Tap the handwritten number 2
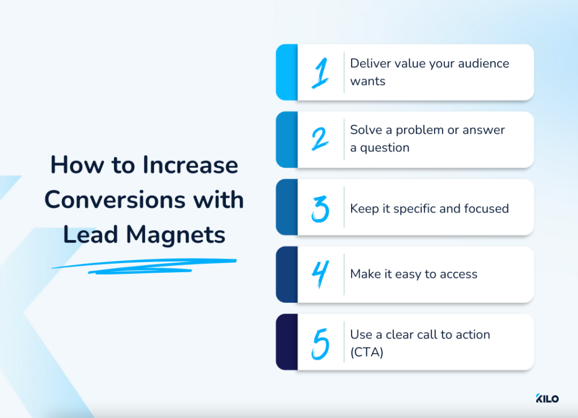(320, 140)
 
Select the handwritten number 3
(320, 207)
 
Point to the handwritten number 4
(320, 275)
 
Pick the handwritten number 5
(320, 342)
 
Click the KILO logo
(547, 399)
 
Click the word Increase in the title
(190, 165)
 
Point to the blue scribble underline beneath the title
(144, 265)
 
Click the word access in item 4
(459, 275)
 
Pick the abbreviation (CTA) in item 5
(367, 352)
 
